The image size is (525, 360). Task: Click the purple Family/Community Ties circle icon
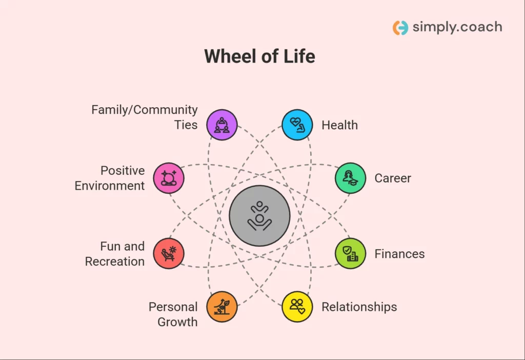tap(222, 125)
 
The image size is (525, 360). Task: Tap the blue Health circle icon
tap(297, 125)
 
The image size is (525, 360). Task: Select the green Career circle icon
tap(350, 178)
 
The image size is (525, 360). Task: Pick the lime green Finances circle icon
tap(350, 253)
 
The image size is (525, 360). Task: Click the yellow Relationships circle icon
tap(297, 307)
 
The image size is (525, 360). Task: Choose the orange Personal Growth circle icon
tap(222, 307)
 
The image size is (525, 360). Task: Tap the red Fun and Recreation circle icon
tap(169, 253)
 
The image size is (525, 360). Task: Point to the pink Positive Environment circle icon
tap(169, 178)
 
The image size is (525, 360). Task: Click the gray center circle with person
tap(259, 215)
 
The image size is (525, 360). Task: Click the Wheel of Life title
tap(259, 56)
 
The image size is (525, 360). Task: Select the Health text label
tap(339, 125)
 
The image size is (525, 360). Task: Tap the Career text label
tap(393, 178)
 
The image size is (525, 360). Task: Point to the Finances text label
tap(399, 254)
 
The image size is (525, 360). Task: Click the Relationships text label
tap(359, 307)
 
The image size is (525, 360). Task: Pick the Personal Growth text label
tap(173, 314)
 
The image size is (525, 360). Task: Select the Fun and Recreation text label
tap(115, 254)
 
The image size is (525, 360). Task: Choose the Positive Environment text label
tap(110, 178)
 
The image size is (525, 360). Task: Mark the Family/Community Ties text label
tap(144, 117)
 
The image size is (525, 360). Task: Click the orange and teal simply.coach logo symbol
tap(400, 27)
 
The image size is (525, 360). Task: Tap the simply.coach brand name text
tap(457, 27)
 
